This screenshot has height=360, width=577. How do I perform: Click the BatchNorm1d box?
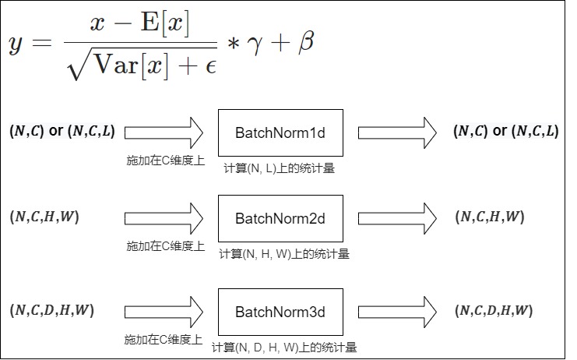point(280,133)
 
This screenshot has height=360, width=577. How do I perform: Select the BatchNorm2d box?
point(280,218)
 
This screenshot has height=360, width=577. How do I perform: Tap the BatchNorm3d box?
point(280,312)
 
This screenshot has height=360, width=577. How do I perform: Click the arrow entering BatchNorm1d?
point(164,133)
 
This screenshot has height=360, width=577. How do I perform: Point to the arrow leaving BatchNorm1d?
point(397,133)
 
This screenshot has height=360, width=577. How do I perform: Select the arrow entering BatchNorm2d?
point(164,218)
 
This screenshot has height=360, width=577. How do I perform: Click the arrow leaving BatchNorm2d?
point(397,218)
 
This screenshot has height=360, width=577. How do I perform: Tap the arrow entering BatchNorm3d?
point(164,312)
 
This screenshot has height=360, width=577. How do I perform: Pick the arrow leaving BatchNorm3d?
point(397,312)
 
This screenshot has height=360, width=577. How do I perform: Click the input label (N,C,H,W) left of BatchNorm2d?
point(44,217)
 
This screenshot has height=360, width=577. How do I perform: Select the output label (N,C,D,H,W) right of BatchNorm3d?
point(494,310)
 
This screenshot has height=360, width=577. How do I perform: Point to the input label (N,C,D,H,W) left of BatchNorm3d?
point(52,310)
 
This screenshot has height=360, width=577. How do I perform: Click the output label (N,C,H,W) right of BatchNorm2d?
point(490,217)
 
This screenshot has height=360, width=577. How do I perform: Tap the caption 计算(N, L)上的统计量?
point(280,168)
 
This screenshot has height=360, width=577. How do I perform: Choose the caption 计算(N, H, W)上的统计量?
point(284,254)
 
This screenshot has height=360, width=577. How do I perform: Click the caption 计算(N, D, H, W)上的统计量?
point(284,347)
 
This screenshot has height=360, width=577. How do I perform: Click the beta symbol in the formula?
point(306,41)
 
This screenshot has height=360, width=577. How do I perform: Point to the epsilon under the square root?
point(211,67)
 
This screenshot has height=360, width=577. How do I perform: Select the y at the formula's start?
point(16,45)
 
